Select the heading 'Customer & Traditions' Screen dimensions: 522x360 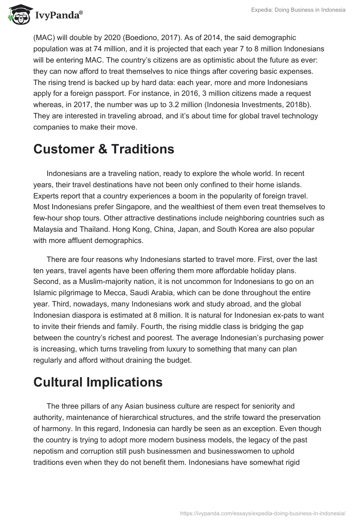(x=103, y=149)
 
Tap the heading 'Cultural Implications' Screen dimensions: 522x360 (x=98, y=382)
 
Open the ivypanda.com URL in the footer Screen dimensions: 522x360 (x=262, y=513)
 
